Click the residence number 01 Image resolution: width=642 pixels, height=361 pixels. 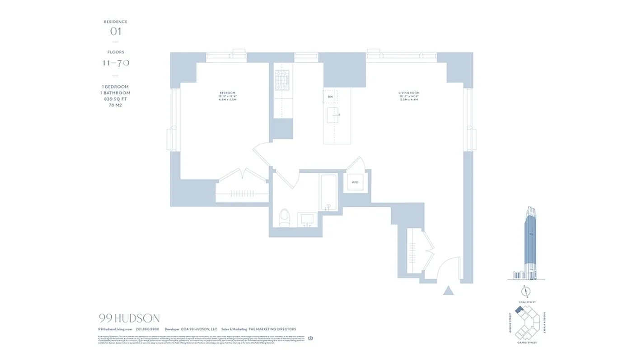tap(116, 32)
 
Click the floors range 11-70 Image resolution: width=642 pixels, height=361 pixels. tap(116, 63)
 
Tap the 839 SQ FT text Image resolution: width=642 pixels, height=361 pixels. tap(116, 99)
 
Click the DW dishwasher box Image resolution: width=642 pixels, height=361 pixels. tap(330, 97)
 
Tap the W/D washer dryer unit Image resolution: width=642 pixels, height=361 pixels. tap(355, 182)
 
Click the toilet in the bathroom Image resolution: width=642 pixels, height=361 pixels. tap(285, 218)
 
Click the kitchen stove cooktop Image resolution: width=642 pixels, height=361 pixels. tap(282, 80)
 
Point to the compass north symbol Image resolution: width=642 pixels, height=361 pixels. tap(526, 291)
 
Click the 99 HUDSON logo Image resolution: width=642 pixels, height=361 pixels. tap(129, 319)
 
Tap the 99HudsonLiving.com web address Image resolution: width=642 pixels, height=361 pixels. tap(115, 329)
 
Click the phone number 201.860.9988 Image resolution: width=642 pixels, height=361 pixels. tap(147, 329)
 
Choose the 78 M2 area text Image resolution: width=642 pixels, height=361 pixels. tap(116, 105)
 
